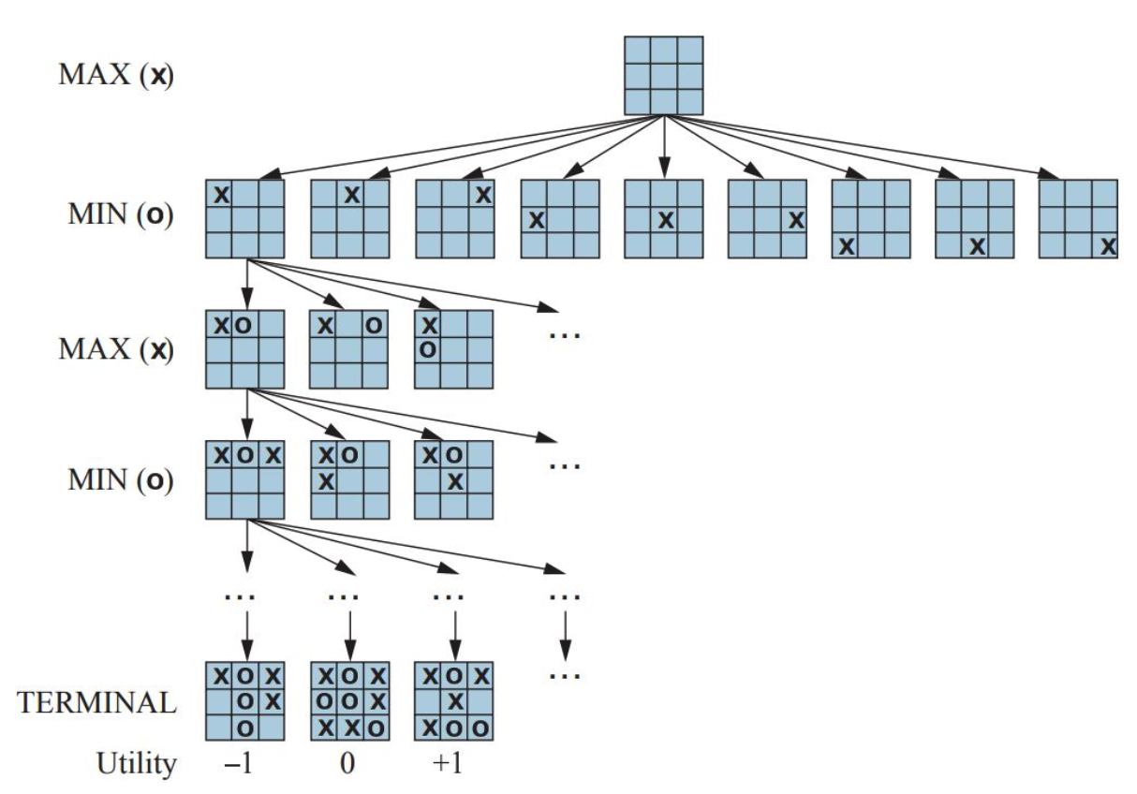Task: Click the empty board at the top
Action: click(x=663, y=75)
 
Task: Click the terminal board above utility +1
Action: click(x=453, y=702)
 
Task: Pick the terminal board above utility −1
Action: click(x=244, y=702)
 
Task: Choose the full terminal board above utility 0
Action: click(x=349, y=702)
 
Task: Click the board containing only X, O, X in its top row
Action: click(x=244, y=480)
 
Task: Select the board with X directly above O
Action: click(x=453, y=349)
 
